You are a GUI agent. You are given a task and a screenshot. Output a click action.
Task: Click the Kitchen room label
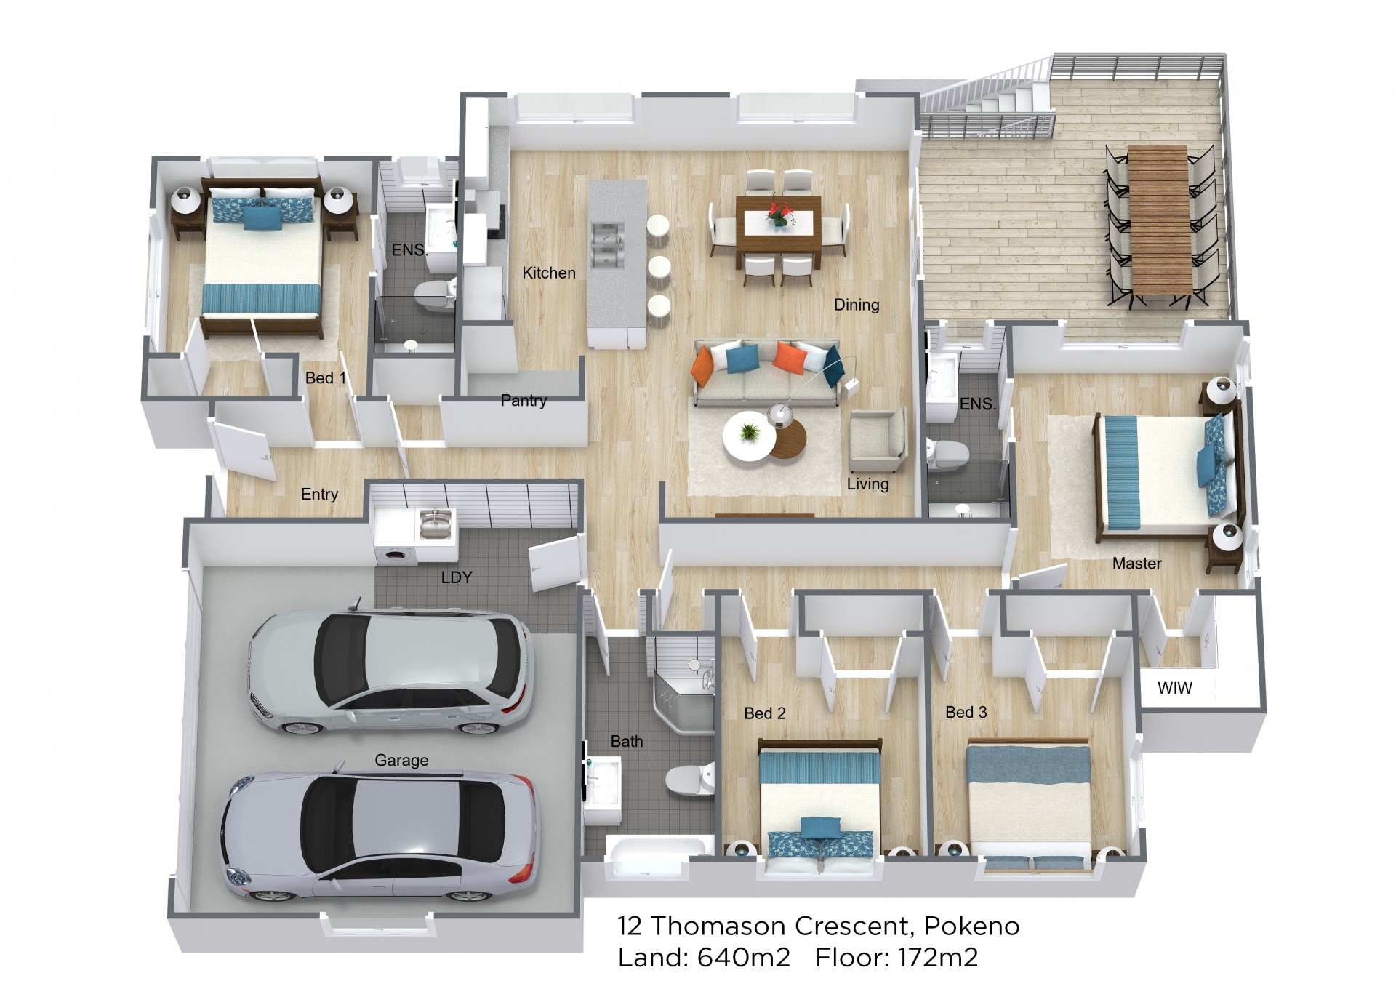(549, 273)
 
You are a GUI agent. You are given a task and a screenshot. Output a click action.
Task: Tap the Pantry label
(523, 400)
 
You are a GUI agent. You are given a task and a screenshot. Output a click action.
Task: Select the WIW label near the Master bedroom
(1175, 688)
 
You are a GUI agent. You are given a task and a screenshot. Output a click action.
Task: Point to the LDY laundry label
(457, 577)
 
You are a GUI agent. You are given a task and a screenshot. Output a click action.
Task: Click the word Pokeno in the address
(971, 926)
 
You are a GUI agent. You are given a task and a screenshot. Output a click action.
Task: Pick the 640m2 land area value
(744, 958)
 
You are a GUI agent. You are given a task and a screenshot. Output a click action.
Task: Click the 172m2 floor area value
(937, 958)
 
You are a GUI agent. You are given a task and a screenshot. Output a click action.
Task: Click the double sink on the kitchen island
(608, 244)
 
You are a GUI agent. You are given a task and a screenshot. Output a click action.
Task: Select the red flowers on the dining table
(779, 212)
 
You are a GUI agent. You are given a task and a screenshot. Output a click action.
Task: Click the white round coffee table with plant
(749, 436)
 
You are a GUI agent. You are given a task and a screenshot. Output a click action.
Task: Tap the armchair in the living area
(878, 440)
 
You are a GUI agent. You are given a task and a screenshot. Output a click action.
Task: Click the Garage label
(401, 760)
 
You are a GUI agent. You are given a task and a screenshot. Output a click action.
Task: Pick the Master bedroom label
(1137, 563)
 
